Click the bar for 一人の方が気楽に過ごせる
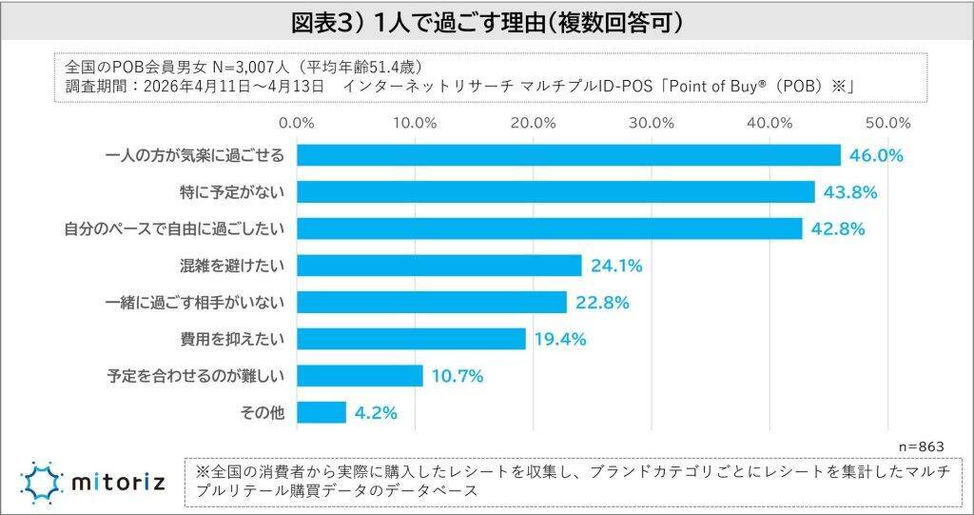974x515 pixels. [569, 155]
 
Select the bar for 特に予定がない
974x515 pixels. [556, 192]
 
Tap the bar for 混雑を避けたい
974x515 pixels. [439, 266]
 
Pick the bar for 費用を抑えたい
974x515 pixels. [412, 339]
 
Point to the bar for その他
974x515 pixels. [321, 412]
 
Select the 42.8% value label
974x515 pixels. [837, 229]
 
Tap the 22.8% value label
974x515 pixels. [602, 303]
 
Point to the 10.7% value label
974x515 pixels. [458, 376]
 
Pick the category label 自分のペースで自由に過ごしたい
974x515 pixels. [176, 229]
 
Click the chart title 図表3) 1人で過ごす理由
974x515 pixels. [487, 20]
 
